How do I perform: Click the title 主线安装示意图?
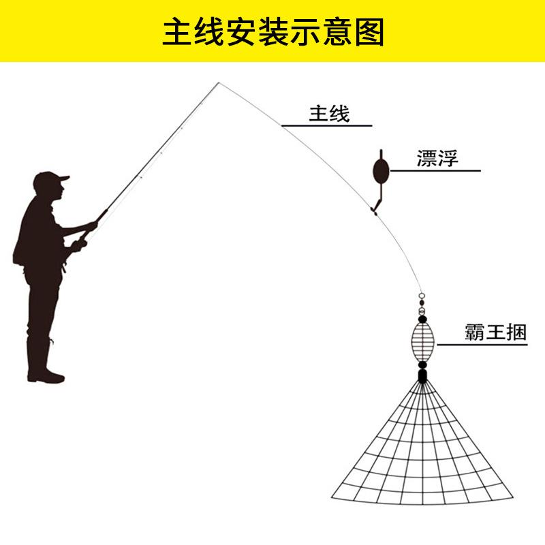tap(272, 31)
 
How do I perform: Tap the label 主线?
tap(329, 113)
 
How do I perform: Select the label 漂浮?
tap(437, 158)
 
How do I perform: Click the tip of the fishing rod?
tap(219, 84)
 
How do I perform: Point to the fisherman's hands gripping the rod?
tap(84, 235)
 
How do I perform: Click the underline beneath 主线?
tap(327, 126)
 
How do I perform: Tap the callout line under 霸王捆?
tap(482, 345)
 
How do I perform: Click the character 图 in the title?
tap(370, 31)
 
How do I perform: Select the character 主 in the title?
tap(176, 31)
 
